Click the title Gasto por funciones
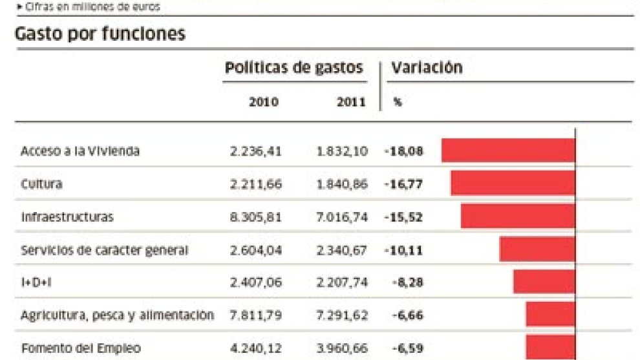[100, 34]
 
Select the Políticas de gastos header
[294, 68]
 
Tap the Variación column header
[428, 68]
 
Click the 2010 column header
[264, 102]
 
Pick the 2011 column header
[351, 102]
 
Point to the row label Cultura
[41, 184]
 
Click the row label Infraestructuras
[67, 217]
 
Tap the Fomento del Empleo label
[81, 348]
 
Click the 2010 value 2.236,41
[256, 151]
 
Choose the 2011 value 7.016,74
[343, 217]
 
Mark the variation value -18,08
[403, 151]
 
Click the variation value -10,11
[403, 250]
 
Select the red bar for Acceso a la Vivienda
[508, 151]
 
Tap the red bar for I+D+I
[544, 282]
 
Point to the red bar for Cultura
[513, 183]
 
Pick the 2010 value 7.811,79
[256, 315]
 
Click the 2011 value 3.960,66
[343, 348]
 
